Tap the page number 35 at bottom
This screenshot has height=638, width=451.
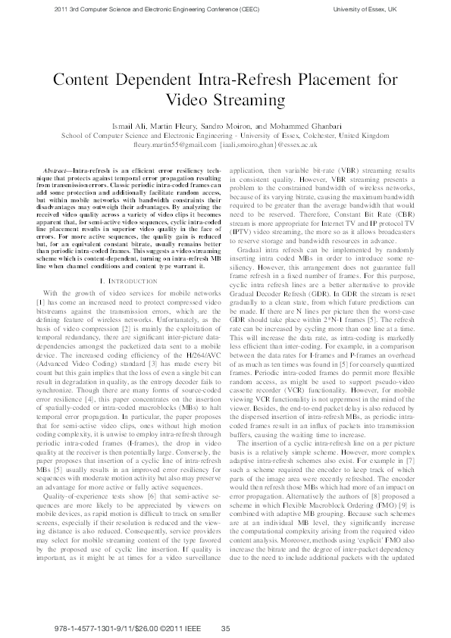pyautogui.click(x=225, y=628)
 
